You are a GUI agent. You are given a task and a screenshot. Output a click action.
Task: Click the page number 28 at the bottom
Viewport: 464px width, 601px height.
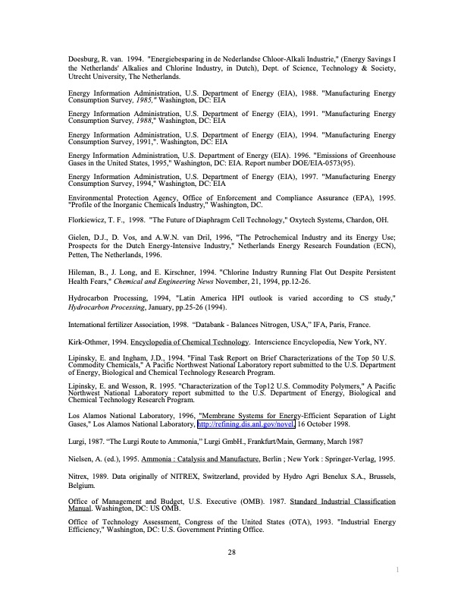232,551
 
